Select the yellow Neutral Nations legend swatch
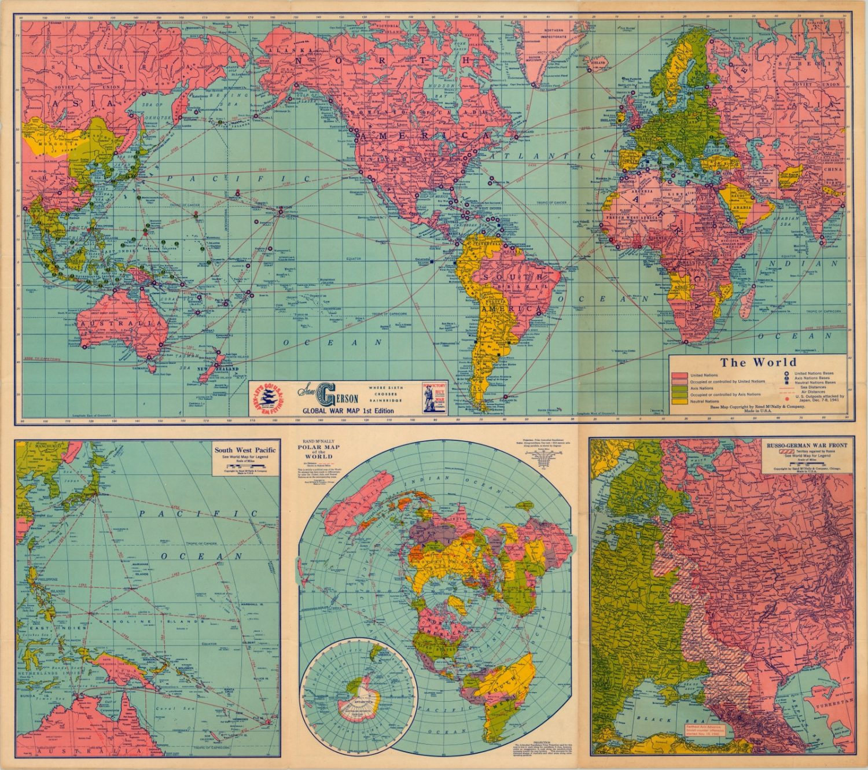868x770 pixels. (679, 401)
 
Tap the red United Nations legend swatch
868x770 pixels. (679, 375)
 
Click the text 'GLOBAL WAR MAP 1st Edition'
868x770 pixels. (347, 411)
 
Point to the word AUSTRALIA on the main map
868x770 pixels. (122, 324)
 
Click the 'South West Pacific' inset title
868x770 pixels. (245, 450)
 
